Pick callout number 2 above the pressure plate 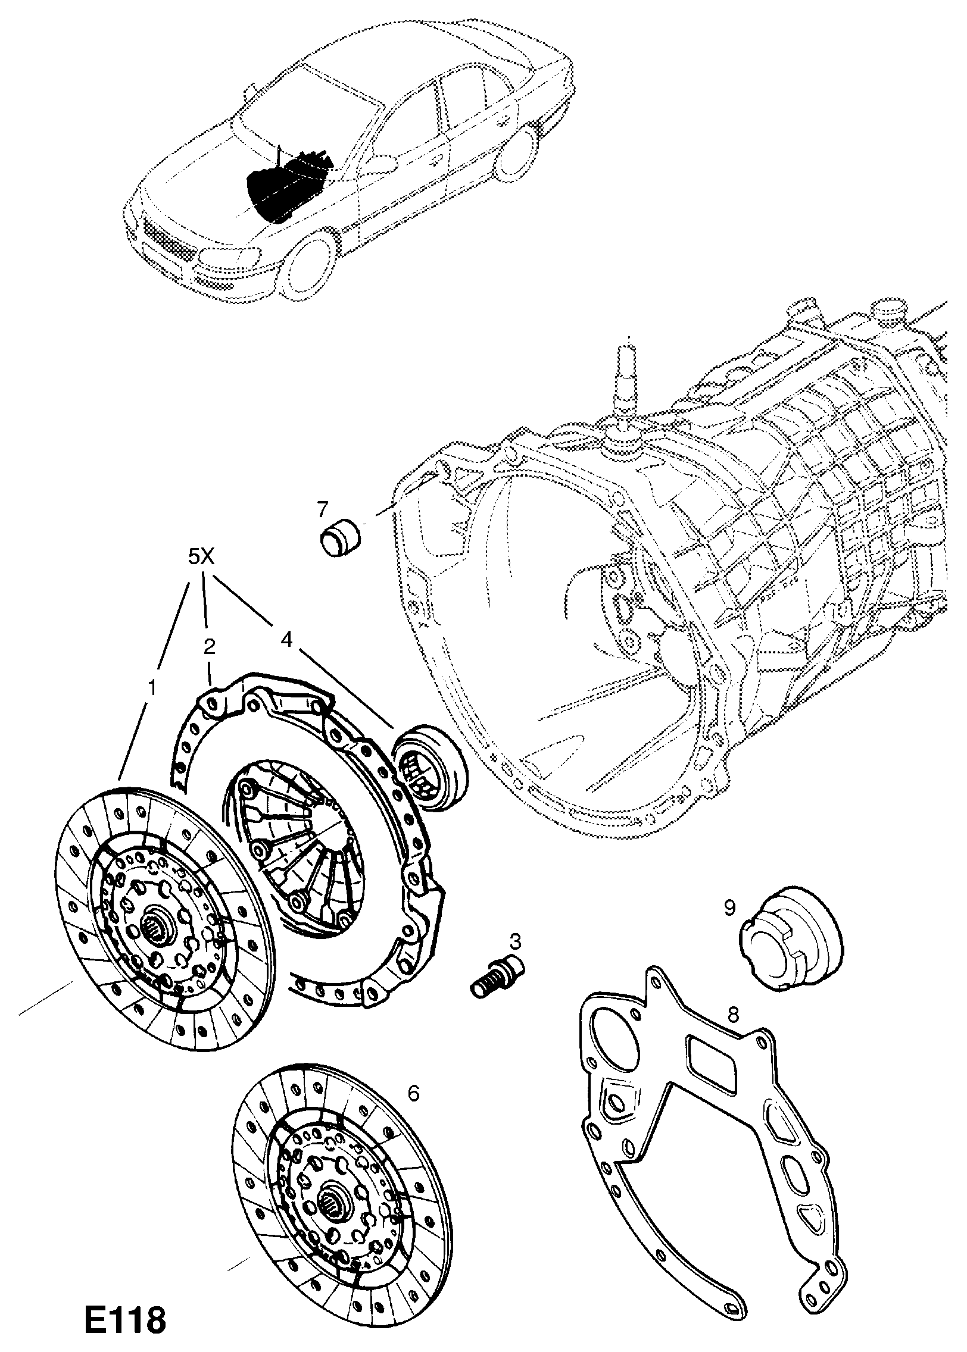209,647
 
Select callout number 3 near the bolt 515,941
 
